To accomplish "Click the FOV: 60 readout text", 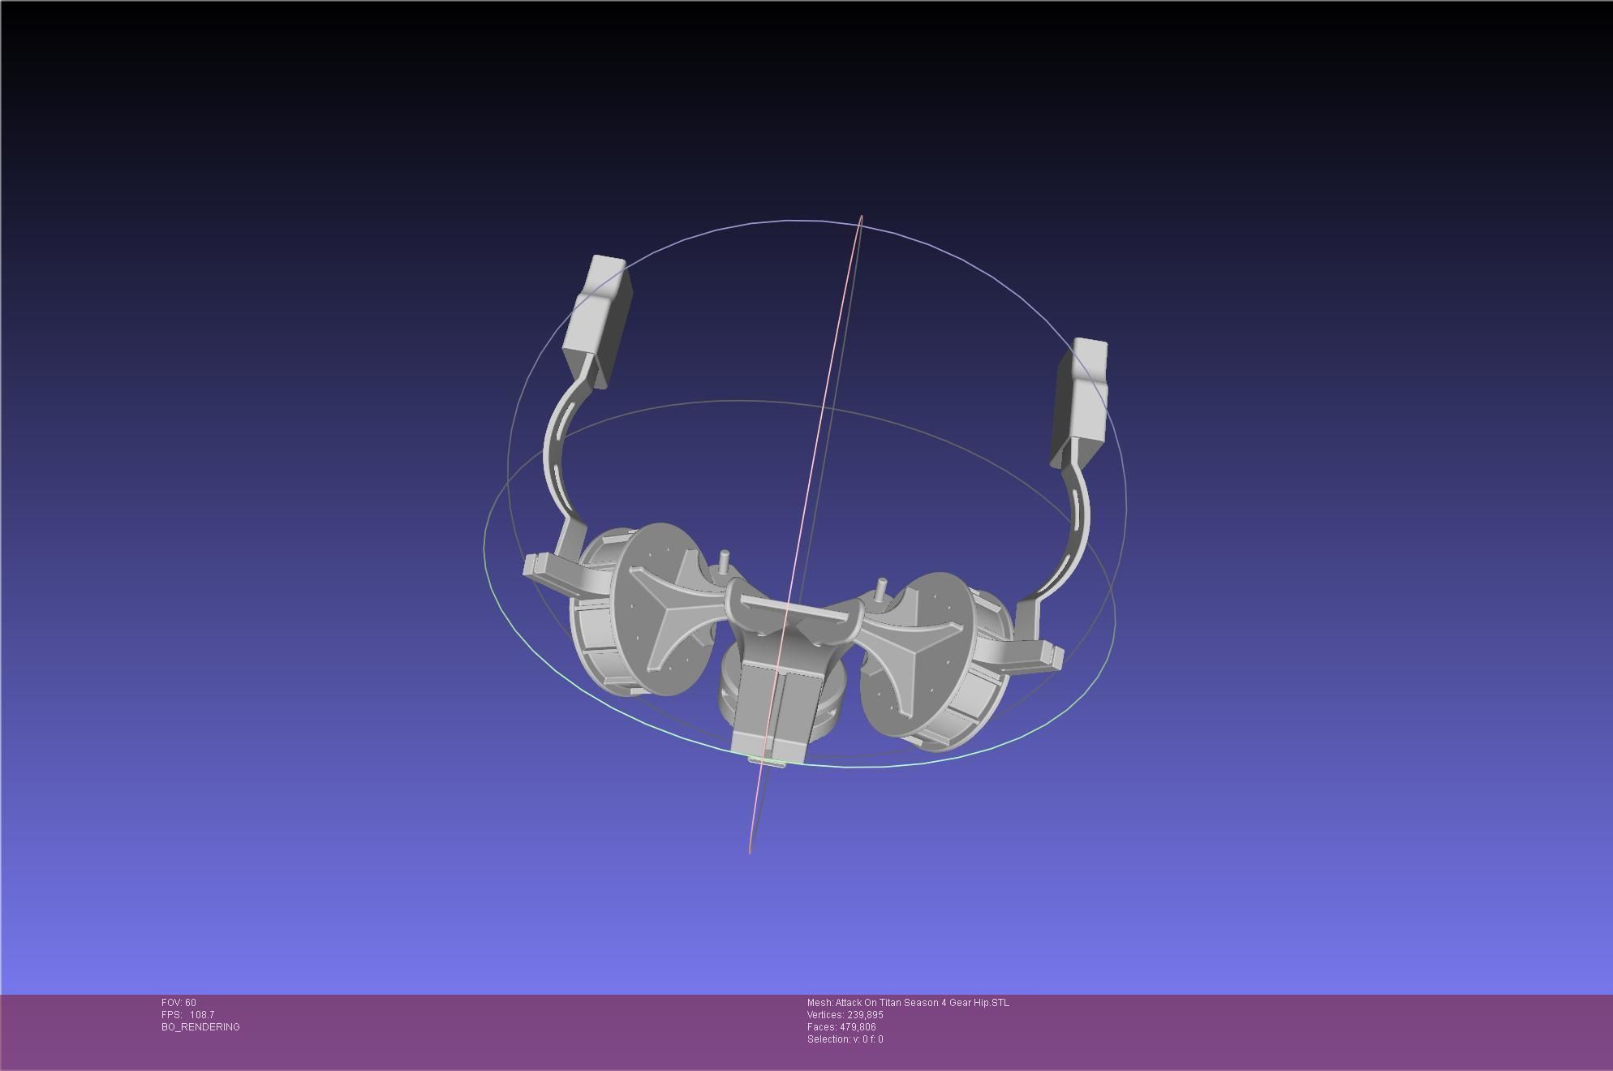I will pyautogui.click(x=179, y=1003).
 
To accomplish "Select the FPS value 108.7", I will pyautogui.click(x=202, y=1015).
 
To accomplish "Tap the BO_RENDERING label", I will pyautogui.click(x=200, y=1027).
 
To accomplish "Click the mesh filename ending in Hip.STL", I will pyautogui.click(x=908, y=1003).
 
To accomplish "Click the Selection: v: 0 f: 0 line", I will pyautogui.click(x=845, y=1039).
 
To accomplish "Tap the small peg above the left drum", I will pyautogui.click(x=725, y=560).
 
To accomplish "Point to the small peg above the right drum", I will pyautogui.click(x=882, y=587).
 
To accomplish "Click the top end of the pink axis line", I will pyautogui.click(x=861, y=217).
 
